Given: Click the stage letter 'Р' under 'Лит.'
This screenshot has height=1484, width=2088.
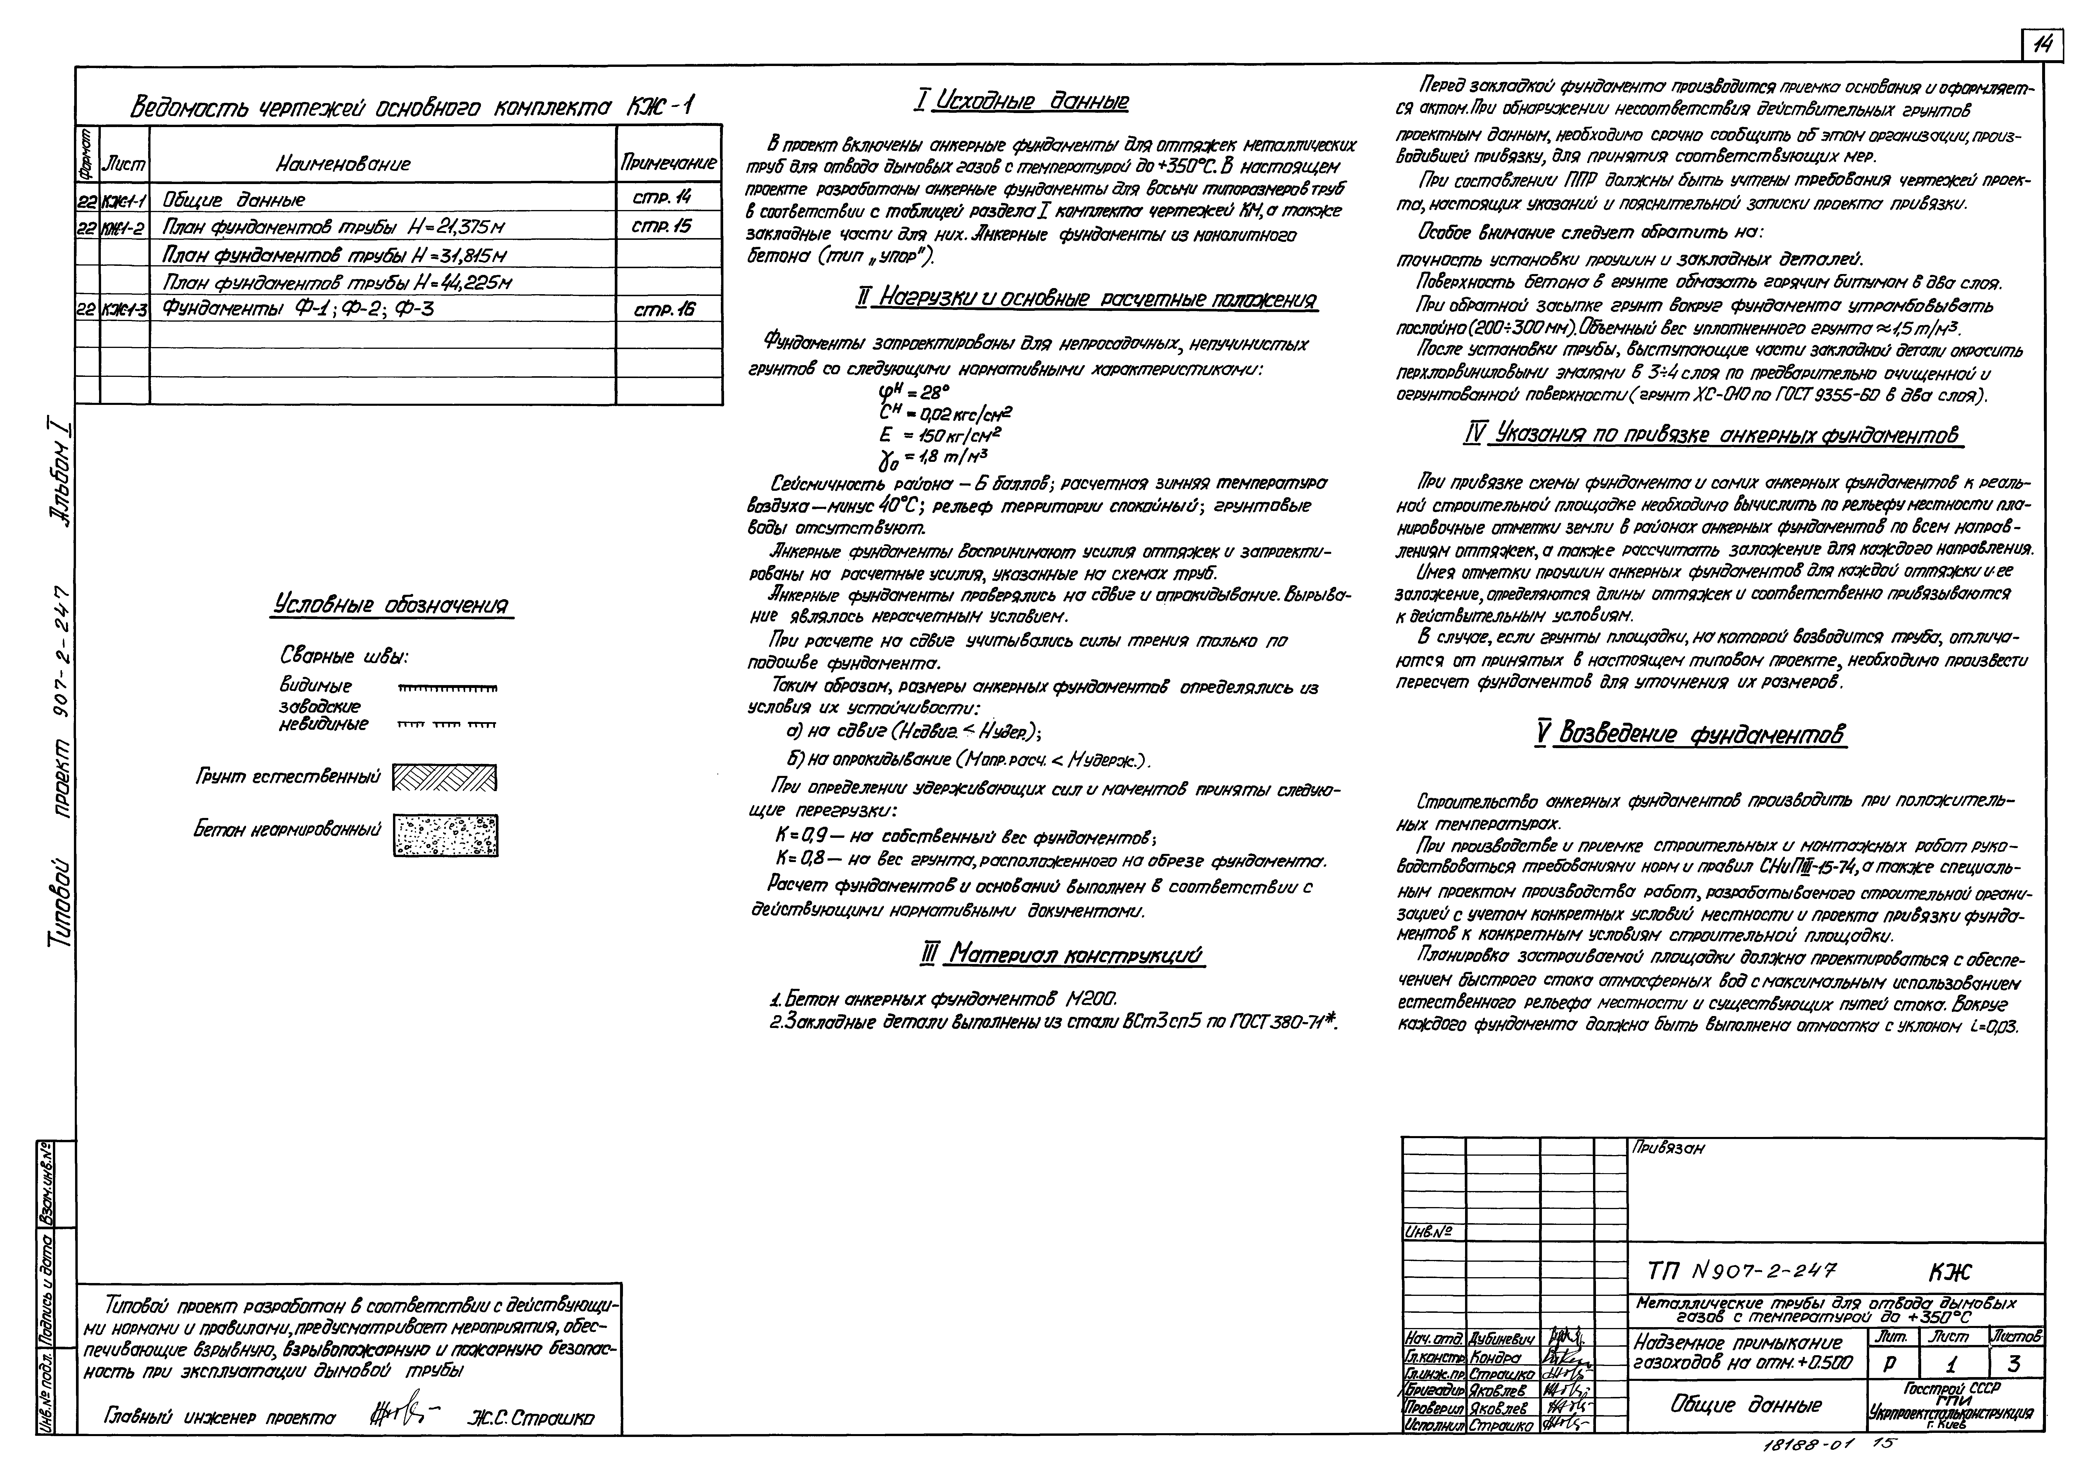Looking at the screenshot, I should click(1888, 1364).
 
